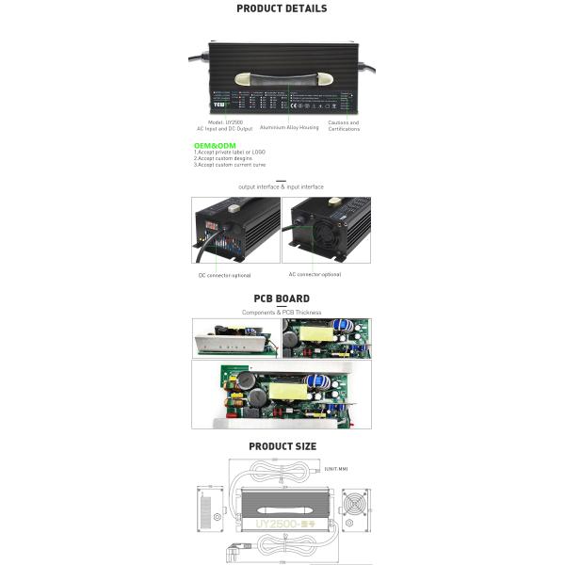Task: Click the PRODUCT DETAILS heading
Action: coord(282,8)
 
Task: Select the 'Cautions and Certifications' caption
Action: coord(344,125)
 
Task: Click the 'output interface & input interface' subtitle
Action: coord(281,187)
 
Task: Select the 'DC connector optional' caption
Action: coord(224,275)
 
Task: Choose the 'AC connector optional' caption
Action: coord(315,274)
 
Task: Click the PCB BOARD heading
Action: coord(282,299)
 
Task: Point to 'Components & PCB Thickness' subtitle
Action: coord(282,312)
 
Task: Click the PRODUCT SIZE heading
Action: coord(282,446)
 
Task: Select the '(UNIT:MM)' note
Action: coord(336,468)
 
